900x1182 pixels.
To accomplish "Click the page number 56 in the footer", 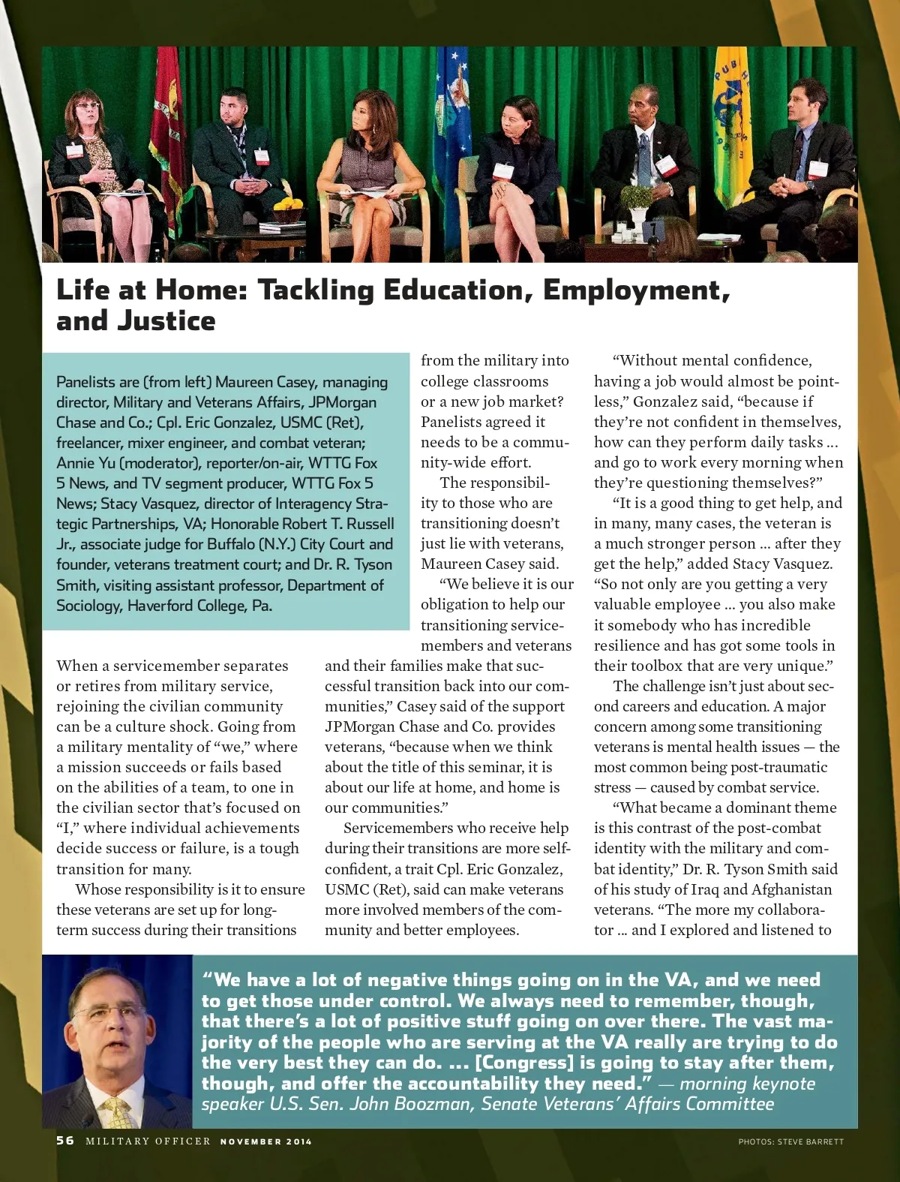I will tap(65, 1140).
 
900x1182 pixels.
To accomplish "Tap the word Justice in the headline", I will tap(166, 321).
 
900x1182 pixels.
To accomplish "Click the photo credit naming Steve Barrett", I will tap(790, 1141).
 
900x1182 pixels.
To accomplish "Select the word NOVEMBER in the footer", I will tap(250, 1141).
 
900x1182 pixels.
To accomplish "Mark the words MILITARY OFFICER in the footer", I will tap(148, 1141).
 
